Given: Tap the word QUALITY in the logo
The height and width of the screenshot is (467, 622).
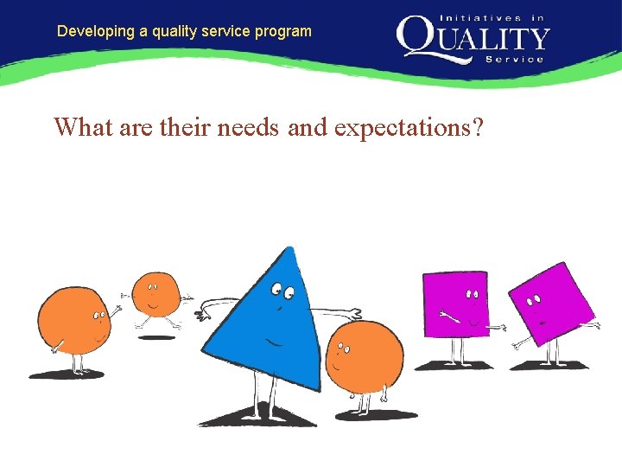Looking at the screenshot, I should point(473,39).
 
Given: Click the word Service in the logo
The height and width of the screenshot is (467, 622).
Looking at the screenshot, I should point(515,59).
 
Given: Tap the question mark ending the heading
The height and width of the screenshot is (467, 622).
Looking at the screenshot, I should point(477,127).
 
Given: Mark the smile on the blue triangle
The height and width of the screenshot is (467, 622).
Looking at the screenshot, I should point(275,340).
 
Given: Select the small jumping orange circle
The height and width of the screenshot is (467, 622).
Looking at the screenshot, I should point(155,294).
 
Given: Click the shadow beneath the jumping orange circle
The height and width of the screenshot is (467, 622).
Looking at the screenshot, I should point(156,336).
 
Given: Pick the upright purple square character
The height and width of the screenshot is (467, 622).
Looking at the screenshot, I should point(456,304).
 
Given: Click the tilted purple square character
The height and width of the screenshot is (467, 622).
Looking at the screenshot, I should point(550,303).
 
